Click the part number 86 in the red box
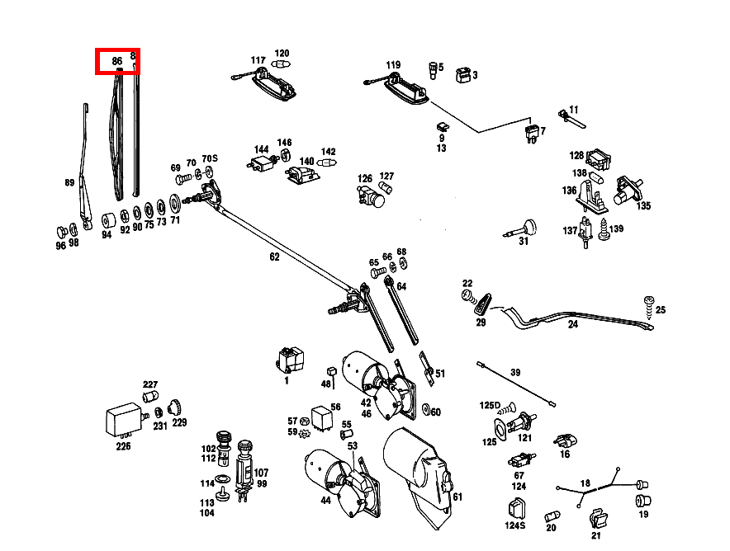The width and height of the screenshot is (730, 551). point(117,61)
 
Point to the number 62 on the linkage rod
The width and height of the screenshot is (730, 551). point(274,257)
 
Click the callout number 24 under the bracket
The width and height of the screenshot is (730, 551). point(573,324)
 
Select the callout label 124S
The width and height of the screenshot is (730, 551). point(515,525)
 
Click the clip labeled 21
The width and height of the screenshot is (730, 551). point(597,520)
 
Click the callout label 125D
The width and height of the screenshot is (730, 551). point(491,406)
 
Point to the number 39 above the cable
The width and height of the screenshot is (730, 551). point(515,373)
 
